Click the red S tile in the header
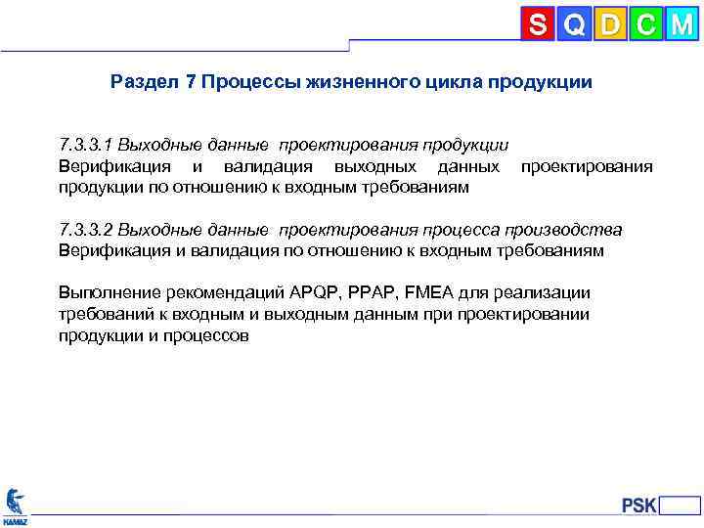538,24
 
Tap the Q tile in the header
575,24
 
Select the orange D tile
610,24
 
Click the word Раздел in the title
144,82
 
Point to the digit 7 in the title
190,82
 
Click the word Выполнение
107,293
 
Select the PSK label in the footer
639,506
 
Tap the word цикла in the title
441,82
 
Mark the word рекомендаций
223,293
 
